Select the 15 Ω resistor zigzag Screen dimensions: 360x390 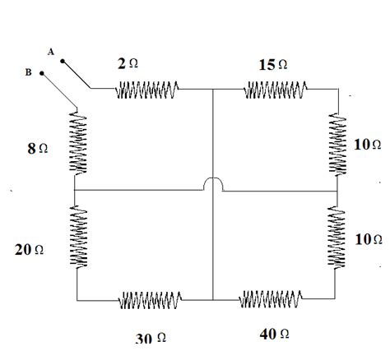coord(276,89)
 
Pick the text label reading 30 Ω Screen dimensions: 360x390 coord(151,337)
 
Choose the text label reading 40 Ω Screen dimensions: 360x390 coord(272,335)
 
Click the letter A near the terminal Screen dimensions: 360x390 coord(51,52)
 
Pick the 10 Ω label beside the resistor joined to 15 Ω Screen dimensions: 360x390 coord(368,144)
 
